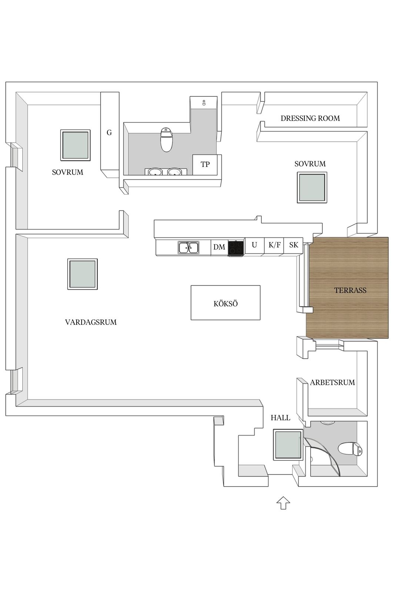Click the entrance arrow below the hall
coord(283,503)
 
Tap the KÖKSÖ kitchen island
coord(225,303)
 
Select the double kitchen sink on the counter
coord(188,248)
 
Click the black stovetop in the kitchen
coord(236,248)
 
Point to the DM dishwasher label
coord(219,247)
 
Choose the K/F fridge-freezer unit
coord(274,246)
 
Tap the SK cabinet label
coord(294,245)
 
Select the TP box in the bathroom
coord(205,165)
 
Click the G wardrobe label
coord(109,132)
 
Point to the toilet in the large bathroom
coord(167,139)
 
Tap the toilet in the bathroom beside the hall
coord(350,449)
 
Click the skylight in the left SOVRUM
coord(76,145)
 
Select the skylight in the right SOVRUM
coord(312,187)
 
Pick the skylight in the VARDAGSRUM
coord(83,274)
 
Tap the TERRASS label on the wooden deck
coord(350,290)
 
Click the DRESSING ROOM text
coord(310,118)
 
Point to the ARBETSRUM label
coord(332,383)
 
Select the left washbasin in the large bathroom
coord(155,172)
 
